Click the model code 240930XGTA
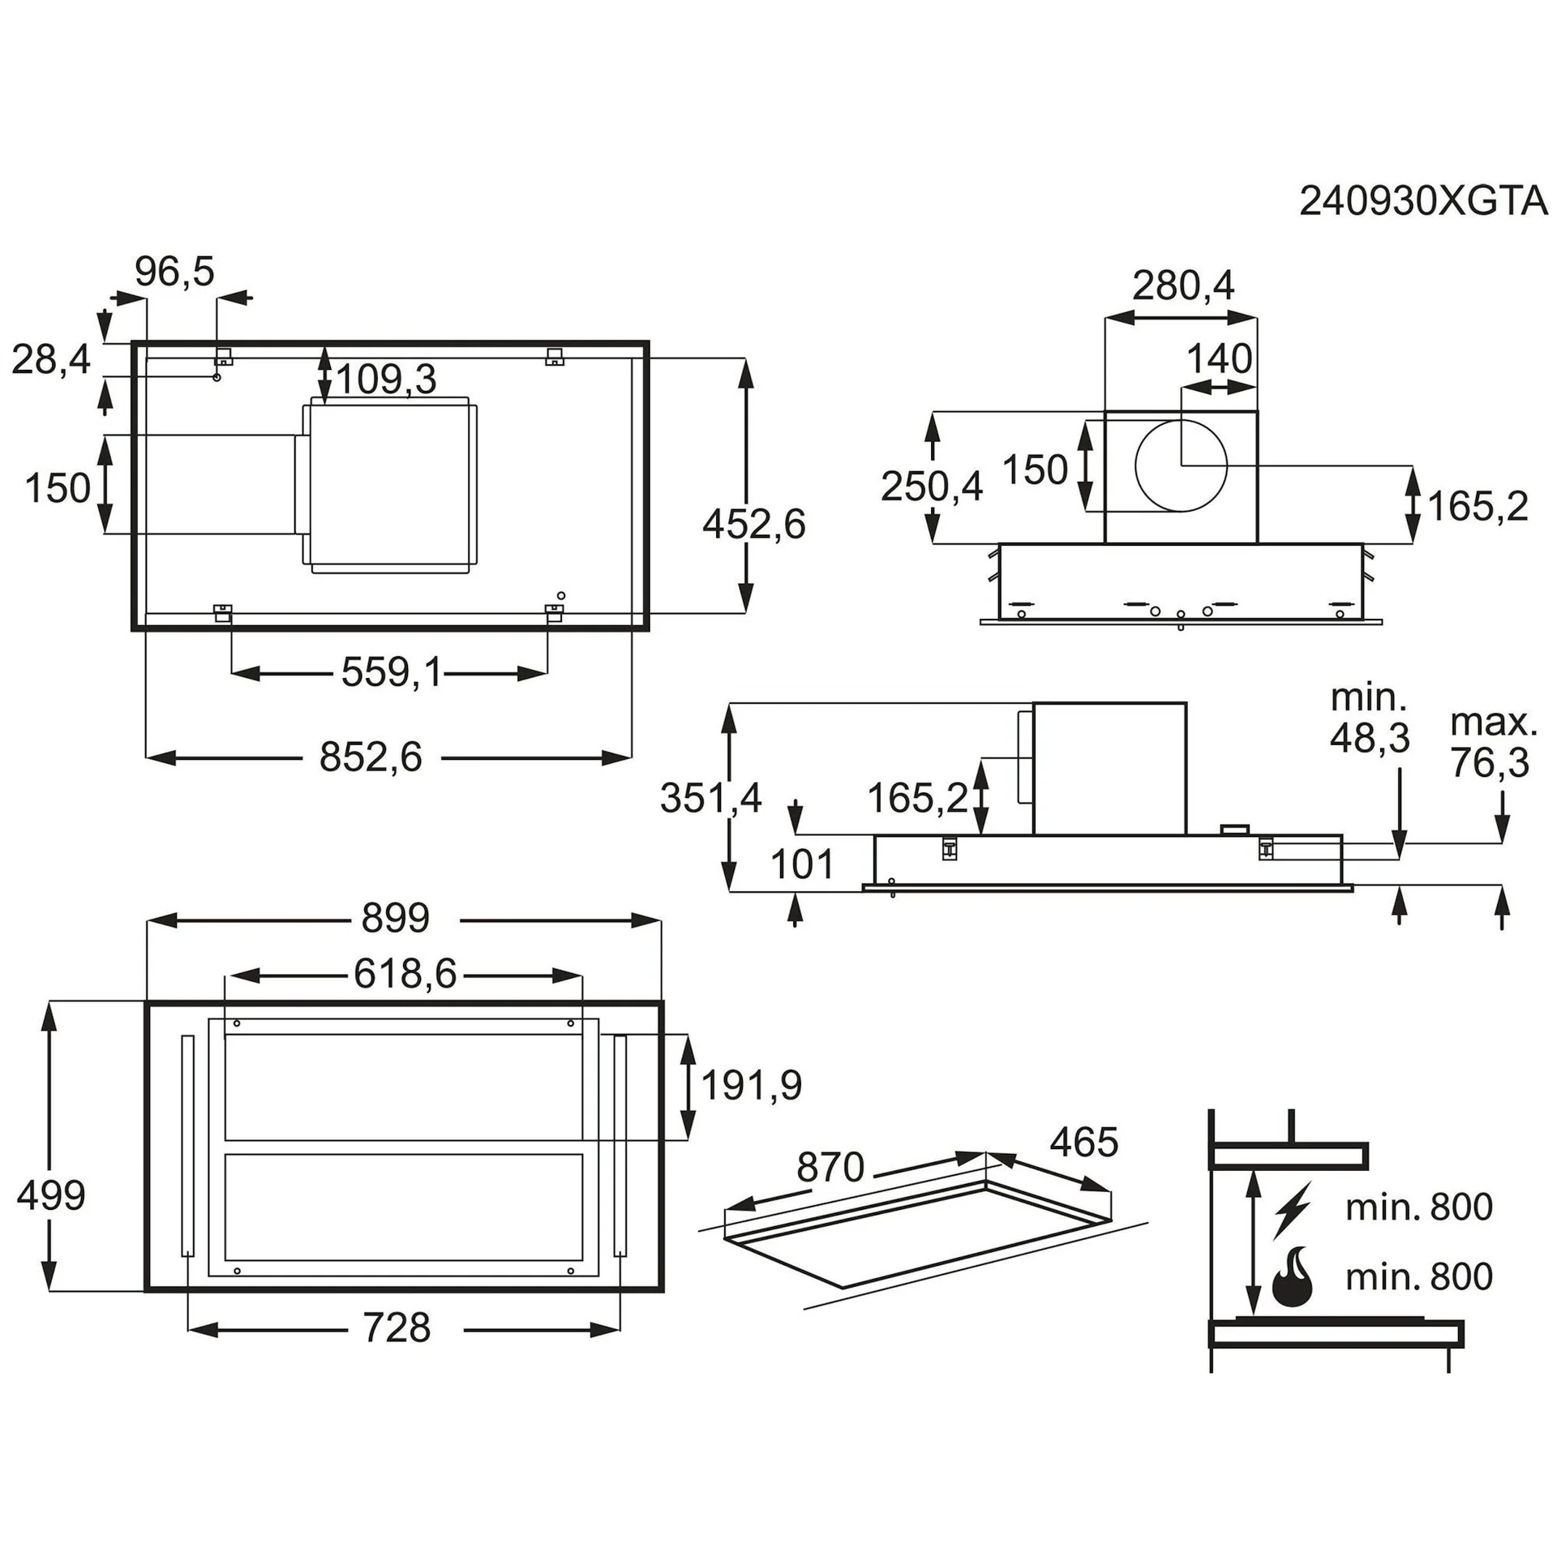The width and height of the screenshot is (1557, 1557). (1423, 201)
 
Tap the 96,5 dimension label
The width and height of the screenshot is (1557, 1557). (174, 272)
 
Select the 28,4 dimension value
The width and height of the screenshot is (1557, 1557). (50, 359)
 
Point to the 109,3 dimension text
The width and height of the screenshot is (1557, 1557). (386, 380)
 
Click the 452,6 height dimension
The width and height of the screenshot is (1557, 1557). (753, 524)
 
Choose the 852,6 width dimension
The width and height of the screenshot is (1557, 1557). (371, 757)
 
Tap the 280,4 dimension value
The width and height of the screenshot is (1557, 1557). (1182, 285)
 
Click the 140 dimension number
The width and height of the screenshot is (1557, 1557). (1219, 358)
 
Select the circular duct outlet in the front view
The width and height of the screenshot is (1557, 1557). (1181, 466)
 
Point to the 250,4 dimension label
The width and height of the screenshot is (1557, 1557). (932, 487)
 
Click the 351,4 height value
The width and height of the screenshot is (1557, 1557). (710, 798)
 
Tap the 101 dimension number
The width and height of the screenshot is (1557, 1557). (802, 864)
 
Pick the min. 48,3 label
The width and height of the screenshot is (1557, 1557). (1370, 718)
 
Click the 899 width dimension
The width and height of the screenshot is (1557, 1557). (395, 918)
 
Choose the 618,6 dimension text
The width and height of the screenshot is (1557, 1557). (405, 974)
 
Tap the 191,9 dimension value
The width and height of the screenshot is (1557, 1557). (751, 1085)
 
